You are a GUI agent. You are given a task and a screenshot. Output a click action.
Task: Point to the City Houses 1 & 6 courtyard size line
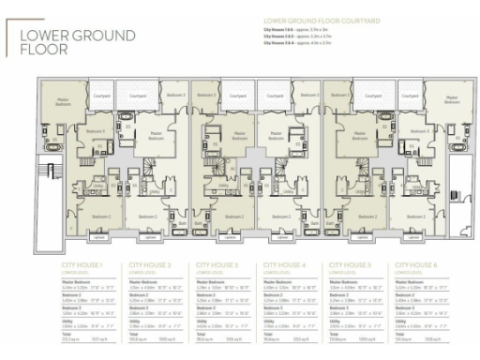[x=301, y=29]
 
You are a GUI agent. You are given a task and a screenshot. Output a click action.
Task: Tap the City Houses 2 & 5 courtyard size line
[x=301, y=36]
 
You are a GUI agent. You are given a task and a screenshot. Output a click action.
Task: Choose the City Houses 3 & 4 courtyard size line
[x=301, y=42]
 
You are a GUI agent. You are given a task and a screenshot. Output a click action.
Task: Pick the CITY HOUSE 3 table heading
[x=215, y=266]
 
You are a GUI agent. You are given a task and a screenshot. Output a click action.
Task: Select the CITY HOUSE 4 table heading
[x=283, y=266]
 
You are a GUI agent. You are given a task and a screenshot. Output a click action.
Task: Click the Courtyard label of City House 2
[x=137, y=96]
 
